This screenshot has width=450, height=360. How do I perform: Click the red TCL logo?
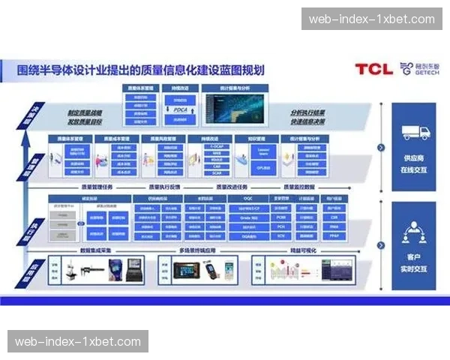point(373,70)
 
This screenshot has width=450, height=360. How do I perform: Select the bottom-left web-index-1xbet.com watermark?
point(78,341)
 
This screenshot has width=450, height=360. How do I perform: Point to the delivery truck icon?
point(415,132)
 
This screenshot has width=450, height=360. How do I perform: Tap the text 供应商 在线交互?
point(415,163)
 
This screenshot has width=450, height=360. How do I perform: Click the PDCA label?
point(180,109)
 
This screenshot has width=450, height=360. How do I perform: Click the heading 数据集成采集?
point(96,249)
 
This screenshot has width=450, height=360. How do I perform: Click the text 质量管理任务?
point(97,186)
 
